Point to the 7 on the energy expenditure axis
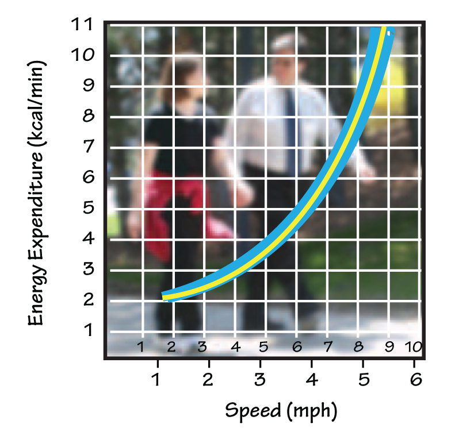(x=88, y=147)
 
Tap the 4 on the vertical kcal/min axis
(x=88, y=238)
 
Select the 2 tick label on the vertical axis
(x=88, y=300)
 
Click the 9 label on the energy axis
(x=88, y=86)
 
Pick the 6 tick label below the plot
(x=416, y=380)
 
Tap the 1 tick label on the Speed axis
(x=156, y=380)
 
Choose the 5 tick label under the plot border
(x=364, y=380)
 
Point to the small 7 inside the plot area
(x=328, y=347)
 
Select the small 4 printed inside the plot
(x=235, y=347)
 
